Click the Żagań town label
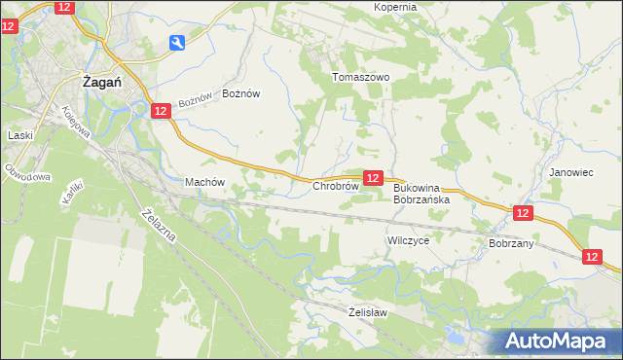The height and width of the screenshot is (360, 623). tap(101, 83)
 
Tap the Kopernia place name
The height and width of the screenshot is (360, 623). tap(394, 7)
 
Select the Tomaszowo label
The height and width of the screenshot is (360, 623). tap(360, 77)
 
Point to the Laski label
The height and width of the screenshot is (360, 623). tap(19, 136)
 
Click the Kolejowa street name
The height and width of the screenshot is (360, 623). tap(84, 122)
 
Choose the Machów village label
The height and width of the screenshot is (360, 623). tap(204, 182)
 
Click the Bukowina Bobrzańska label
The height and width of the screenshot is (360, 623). tap(421, 194)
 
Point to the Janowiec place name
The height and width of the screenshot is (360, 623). tap(570, 172)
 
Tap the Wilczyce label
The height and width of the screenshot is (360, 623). tap(408, 239)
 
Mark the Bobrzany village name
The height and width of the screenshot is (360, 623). tap(511, 243)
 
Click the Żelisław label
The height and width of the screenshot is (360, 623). tap(368, 312)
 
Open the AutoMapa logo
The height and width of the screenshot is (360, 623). tap(559, 341)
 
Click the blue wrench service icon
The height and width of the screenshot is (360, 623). tap(176, 42)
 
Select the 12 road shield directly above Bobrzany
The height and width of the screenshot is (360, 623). tap(523, 212)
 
